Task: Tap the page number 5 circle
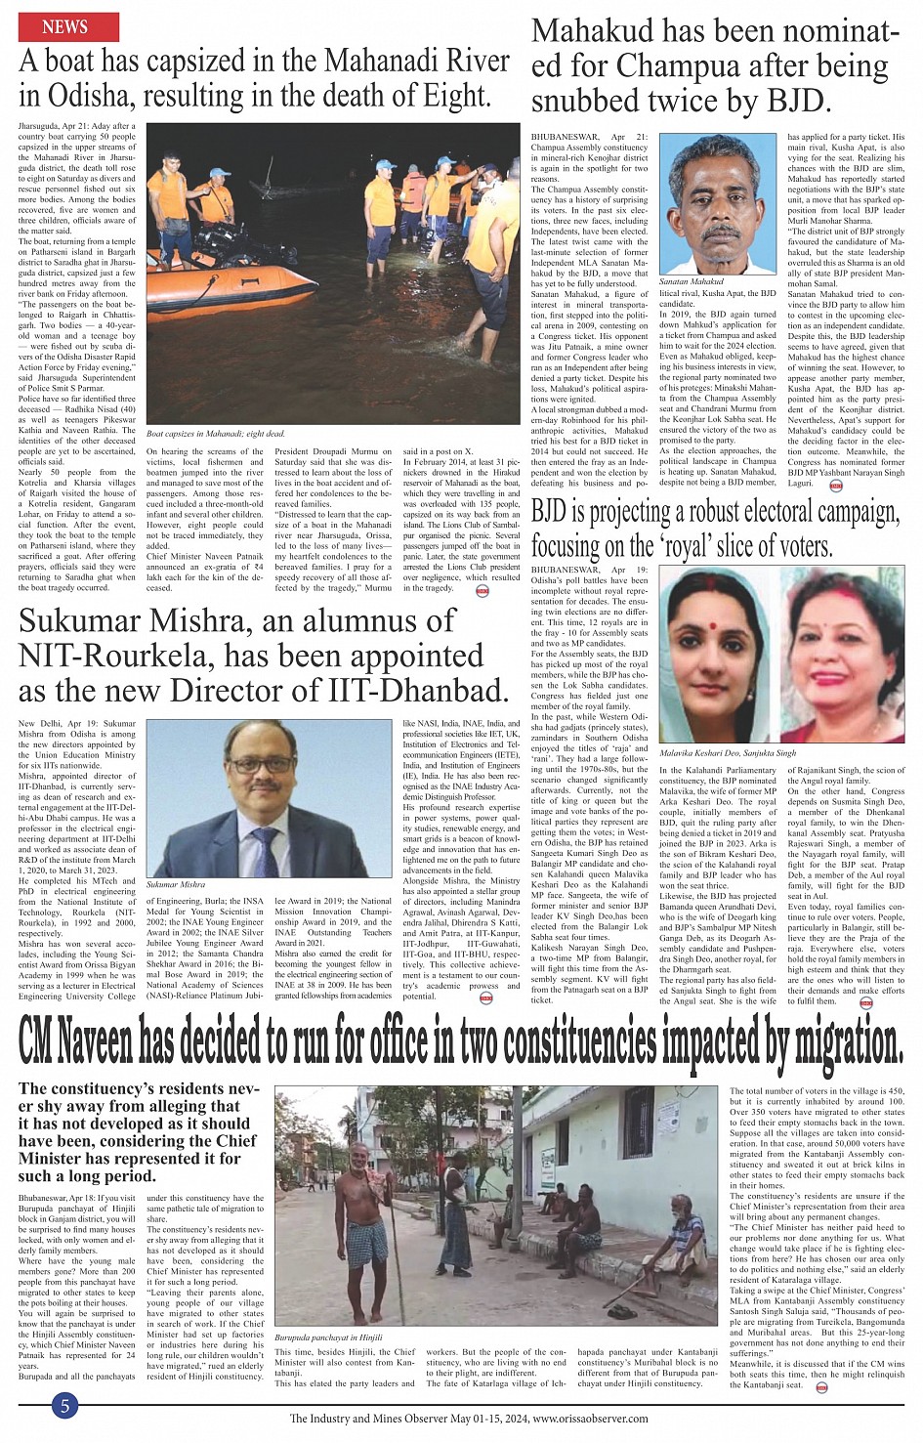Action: click(64, 1406)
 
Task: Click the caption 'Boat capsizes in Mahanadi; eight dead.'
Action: click(215, 433)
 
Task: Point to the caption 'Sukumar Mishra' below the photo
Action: click(176, 884)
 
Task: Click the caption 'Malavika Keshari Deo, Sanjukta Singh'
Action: click(728, 753)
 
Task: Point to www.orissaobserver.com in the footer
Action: click(591, 1419)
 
